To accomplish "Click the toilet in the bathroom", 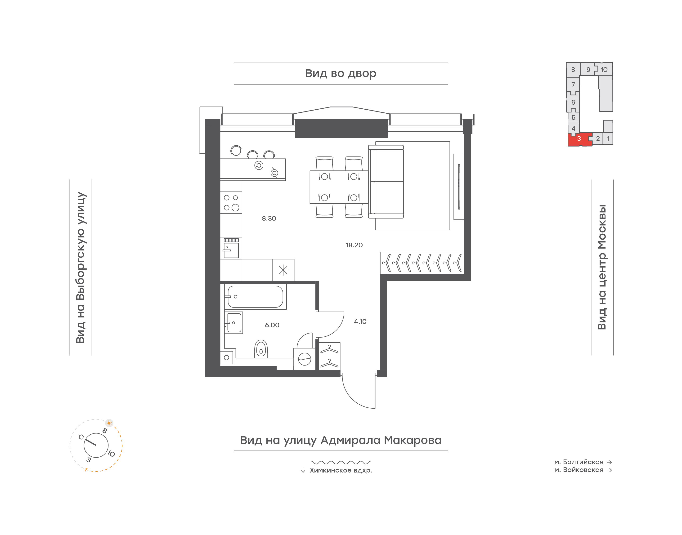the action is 261,349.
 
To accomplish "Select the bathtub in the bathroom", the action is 255,297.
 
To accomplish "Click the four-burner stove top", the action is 231,203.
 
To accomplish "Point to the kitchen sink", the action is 231,248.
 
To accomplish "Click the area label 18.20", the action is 354,245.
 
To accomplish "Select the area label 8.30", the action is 269,218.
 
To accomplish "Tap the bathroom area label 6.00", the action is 272,325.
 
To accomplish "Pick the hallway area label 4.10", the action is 360,321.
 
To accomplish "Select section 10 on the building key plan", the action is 604,70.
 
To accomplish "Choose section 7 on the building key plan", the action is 573,85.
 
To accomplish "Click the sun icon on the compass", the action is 109,423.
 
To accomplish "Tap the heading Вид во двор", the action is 341,74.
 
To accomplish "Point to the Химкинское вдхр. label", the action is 341,470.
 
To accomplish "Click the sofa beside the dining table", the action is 386,182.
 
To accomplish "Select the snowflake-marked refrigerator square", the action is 283,270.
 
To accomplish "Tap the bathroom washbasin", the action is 234,323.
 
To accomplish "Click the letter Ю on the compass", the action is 111,454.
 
